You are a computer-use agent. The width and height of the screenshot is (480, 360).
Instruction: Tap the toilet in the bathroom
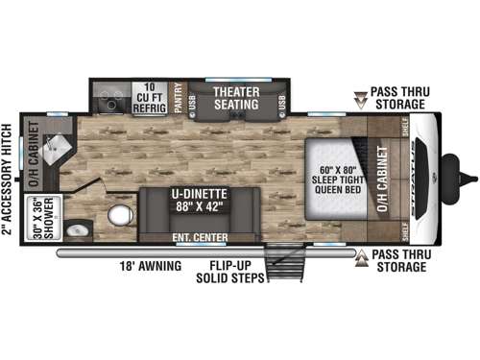pos(119,216)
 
